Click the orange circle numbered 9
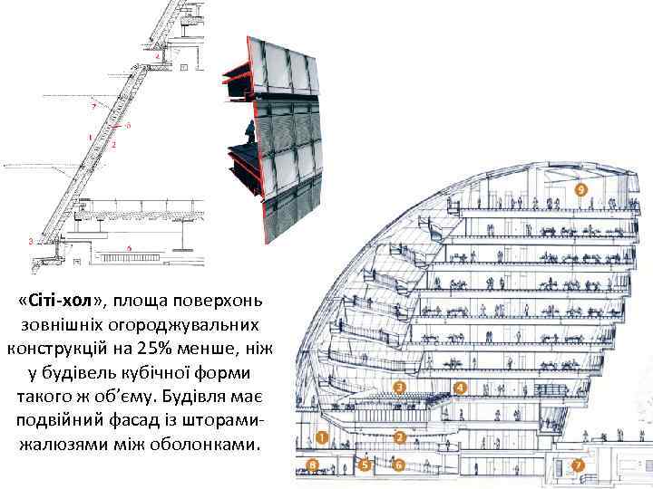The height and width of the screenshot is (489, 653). click(x=580, y=189)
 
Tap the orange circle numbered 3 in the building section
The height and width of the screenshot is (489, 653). click(x=400, y=388)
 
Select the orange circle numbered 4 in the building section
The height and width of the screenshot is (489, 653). click(x=460, y=388)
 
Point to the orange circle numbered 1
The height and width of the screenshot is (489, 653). click(x=322, y=437)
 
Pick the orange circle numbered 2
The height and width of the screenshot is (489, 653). click(x=400, y=437)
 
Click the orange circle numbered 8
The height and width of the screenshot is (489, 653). click(x=313, y=465)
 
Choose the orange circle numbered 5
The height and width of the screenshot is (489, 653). click(x=365, y=465)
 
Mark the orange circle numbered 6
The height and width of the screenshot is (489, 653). click(x=400, y=465)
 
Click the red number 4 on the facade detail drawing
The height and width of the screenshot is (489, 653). click(x=158, y=56)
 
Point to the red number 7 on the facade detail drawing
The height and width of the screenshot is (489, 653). click(x=92, y=106)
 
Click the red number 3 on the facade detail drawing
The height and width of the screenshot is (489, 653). click(x=31, y=241)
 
